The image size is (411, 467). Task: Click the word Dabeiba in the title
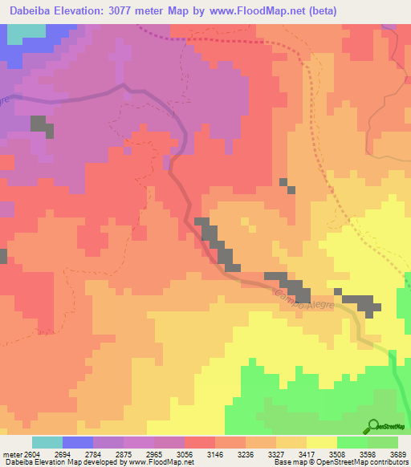[30, 11]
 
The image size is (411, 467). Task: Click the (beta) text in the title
[319, 11]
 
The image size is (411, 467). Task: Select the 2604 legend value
[31, 453]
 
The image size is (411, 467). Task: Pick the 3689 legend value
[399, 453]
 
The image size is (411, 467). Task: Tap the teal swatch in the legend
[47, 442]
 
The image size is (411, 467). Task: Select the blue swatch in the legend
[77, 442]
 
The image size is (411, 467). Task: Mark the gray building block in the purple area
[40, 126]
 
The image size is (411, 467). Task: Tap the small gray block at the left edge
[3, 256]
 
